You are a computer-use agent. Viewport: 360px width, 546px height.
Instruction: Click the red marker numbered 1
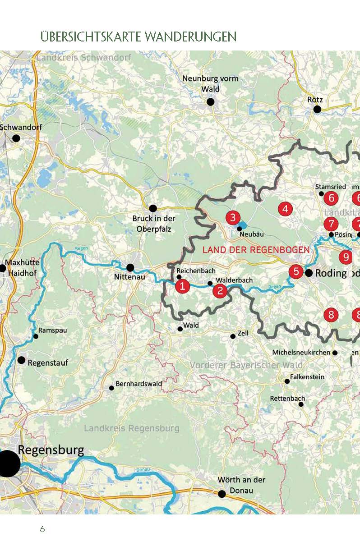pos(183,286)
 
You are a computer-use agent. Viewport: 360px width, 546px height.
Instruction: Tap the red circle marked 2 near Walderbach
pos(220,291)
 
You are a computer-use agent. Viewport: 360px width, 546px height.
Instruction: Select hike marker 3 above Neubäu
pos(232,218)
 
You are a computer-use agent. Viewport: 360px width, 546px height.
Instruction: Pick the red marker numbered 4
pos(285,209)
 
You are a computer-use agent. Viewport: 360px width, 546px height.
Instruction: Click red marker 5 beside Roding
pos(296,271)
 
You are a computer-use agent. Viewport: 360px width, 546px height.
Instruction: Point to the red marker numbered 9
pos(346,257)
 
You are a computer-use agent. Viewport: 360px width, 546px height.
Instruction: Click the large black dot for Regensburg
pos(8,464)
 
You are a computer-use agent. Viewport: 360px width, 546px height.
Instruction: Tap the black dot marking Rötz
pos(317,109)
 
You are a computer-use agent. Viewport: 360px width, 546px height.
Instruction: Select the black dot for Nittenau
pos(130,267)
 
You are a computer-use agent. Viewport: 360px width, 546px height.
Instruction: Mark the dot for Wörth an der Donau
pos(222,494)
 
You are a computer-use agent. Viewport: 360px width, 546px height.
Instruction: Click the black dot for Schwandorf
pos(16,138)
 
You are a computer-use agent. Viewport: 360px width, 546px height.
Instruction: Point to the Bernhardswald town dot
pos(111,388)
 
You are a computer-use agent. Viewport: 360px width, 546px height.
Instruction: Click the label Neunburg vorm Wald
pos(210,84)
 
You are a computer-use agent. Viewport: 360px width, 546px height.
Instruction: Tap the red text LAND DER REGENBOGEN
pos(256,250)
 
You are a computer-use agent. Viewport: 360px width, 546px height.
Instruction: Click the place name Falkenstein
pos(307,377)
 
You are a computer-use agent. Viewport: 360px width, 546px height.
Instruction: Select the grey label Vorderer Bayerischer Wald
pos(246,365)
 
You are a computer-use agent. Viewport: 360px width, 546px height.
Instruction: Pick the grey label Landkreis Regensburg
pos(131,428)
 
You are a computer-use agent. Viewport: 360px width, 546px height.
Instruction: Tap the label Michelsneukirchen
pos(301,352)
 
